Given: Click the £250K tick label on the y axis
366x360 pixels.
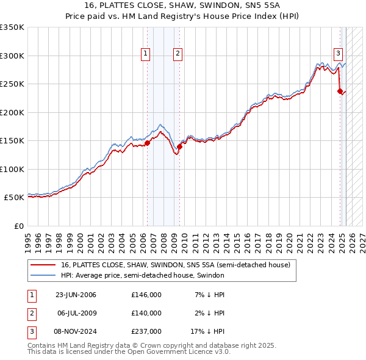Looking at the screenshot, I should [12, 84].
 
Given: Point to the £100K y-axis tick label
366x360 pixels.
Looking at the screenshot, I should [12, 169].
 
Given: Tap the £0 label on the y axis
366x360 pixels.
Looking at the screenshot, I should [18, 226].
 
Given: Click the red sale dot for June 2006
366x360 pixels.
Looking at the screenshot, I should [147, 143].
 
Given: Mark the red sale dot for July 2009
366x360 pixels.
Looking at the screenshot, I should [179, 146].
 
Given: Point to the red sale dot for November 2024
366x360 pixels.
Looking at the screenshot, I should [340, 92].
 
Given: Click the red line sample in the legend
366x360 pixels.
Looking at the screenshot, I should [43, 265].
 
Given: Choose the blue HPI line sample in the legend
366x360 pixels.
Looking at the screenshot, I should [43, 275].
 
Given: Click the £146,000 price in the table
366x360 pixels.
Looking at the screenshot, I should [146, 295].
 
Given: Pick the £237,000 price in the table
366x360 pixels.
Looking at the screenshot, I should [146, 331].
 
